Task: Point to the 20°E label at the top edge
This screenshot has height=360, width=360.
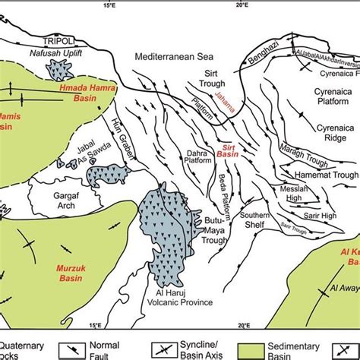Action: coord(241,5)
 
